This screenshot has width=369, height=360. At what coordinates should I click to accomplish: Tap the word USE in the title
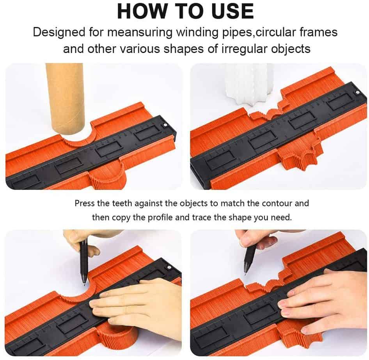[233, 11]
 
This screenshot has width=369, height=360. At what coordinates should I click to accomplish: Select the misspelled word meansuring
[140, 32]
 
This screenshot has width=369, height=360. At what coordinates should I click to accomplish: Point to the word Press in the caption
[85, 203]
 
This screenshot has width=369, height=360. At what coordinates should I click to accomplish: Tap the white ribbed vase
[250, 85]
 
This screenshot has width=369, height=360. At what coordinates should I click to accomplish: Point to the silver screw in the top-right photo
[357, 92]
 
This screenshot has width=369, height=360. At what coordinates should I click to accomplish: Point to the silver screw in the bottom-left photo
[169, 267]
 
